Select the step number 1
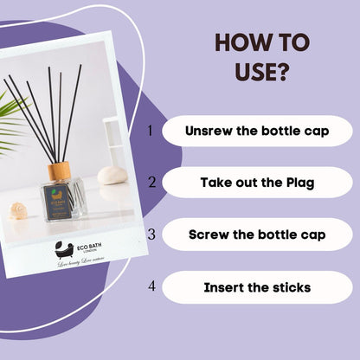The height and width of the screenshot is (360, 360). tap(150, 131)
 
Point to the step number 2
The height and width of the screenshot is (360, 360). tap(151, 182)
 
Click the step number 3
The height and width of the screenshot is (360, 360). tap(151, 234)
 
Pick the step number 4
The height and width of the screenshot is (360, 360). tap(151, 286)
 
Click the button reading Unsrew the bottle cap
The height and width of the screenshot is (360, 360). tap(257, 132)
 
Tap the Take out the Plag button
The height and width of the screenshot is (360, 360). tap(257, 183)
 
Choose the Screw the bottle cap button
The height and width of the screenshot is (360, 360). tap(257, 235)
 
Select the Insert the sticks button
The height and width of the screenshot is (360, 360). tap(257, 286)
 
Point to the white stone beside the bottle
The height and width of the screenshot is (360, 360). tap(112, 176)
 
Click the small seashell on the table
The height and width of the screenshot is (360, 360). tap(17, 210)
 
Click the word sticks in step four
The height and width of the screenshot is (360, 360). tap(289, 286)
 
